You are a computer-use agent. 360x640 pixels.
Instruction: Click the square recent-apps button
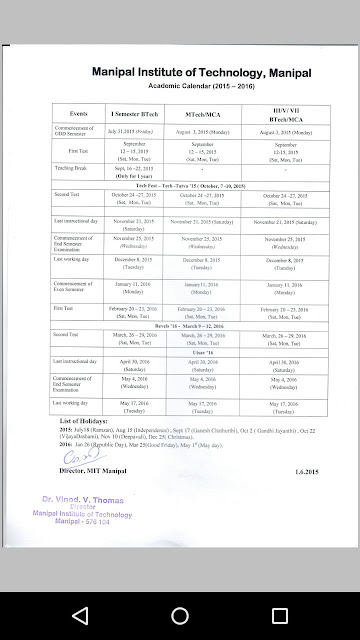point(279,613)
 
